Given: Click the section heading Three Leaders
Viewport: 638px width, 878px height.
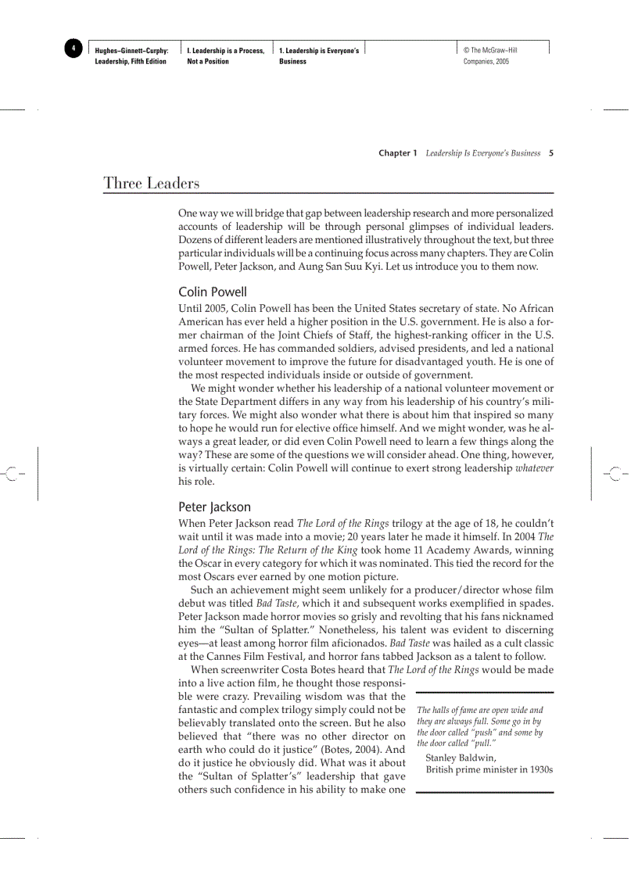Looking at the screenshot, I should [151, 184].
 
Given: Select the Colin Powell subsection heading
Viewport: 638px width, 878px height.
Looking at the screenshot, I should [212, 292].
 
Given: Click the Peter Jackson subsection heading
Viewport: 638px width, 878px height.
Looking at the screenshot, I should [214, 507].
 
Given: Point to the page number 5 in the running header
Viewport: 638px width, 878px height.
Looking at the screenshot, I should [551, 153].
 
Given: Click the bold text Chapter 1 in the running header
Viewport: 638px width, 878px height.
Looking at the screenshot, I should [398, 153].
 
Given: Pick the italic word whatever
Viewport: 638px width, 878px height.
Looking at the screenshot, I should [534, 468].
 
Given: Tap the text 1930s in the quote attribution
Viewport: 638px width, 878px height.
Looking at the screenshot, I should [540, 769].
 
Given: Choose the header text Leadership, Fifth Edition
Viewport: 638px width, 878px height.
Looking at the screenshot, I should [131, 62].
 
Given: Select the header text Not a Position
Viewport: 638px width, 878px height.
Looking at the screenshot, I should [208, 62].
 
